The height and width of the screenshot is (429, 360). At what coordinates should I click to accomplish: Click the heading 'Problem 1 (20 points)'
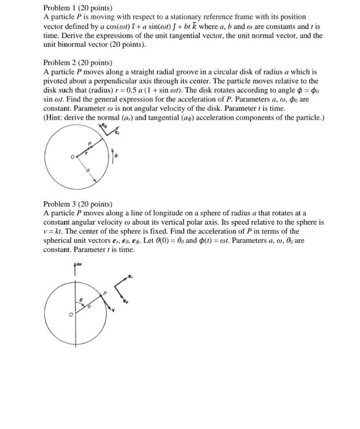click(x=78, y=8)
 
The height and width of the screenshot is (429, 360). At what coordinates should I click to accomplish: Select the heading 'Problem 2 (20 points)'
click(x=78, y=63)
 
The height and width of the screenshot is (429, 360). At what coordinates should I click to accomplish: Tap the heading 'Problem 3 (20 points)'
click(x=78, y=204)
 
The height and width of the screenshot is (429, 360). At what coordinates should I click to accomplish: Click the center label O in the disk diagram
click(x=72, y=157)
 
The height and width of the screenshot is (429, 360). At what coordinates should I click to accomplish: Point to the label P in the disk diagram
click(x=89, y=143)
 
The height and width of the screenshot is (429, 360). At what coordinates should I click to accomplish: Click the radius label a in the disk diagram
click(x=87, y=171)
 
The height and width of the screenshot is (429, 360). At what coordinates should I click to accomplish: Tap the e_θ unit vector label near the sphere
click(x=125, y=301)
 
